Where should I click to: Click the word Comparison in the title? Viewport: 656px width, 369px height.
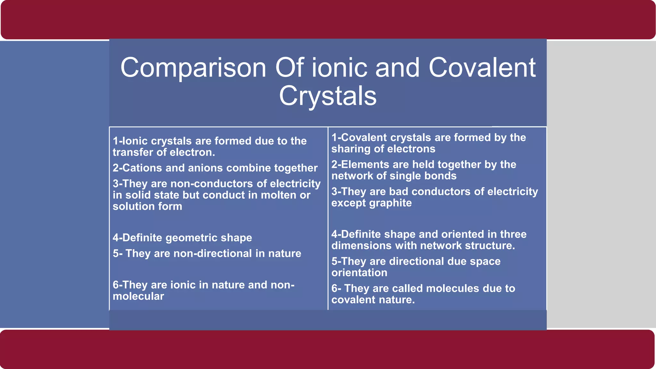tap(193, 68)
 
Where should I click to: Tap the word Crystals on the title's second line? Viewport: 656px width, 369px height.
tap(328, 96)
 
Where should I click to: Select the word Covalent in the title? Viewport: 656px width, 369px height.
tap(482, 68)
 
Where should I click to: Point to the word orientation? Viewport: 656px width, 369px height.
tap(359, 273)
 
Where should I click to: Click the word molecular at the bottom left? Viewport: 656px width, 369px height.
tap(138, 296)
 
